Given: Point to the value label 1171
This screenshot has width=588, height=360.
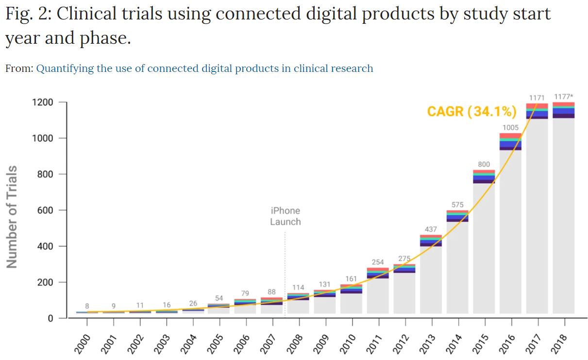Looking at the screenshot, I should coord(537,98).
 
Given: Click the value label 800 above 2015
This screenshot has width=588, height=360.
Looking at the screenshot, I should coord(484,164).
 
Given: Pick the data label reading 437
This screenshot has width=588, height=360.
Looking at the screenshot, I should coord(431,229).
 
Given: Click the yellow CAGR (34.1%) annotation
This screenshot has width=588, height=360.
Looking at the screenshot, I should coord(471,112).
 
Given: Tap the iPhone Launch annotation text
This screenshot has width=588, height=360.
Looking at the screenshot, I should coord(285,216).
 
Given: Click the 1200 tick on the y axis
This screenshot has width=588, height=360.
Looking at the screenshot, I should coord(43,103).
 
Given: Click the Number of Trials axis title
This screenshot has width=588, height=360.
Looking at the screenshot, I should coord(12,217).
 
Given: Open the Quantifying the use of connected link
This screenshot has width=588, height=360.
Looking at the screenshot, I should coord(204,69).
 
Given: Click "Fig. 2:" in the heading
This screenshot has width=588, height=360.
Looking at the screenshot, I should coord(28,14).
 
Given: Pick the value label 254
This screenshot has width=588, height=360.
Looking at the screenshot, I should coord(378,262).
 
